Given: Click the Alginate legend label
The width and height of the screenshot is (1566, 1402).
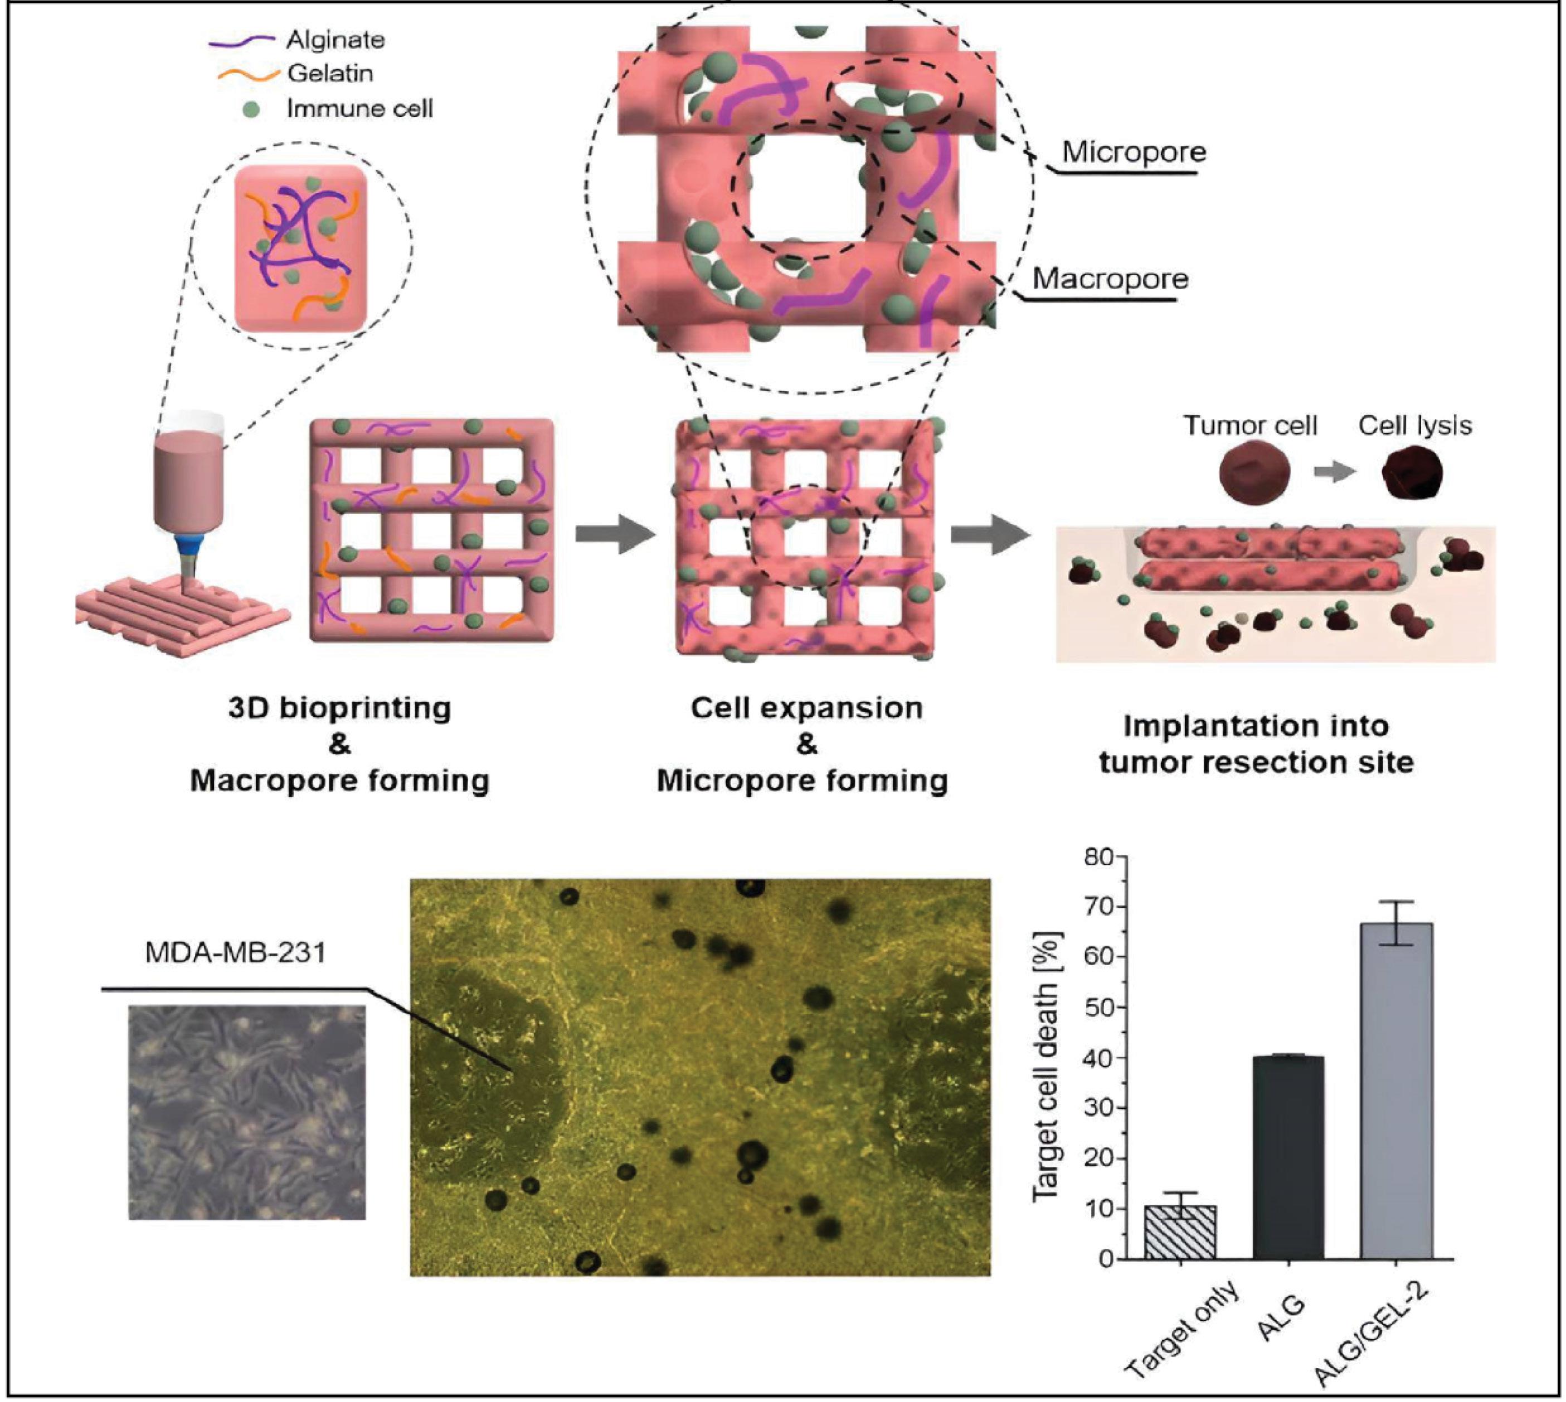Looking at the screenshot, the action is [335, 40].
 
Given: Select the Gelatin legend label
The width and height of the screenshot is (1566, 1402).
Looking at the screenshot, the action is [330, 74].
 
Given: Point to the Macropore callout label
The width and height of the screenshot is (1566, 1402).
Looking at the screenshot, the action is [1110, 278].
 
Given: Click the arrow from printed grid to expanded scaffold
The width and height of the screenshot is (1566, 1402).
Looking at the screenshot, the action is [615, 533].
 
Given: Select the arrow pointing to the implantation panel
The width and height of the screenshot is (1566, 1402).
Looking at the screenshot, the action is [991, 534].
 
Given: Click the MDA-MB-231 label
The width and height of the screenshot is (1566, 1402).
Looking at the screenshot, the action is [236, 953].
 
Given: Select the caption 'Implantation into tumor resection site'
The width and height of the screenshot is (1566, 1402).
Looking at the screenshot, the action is [1256, 744].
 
